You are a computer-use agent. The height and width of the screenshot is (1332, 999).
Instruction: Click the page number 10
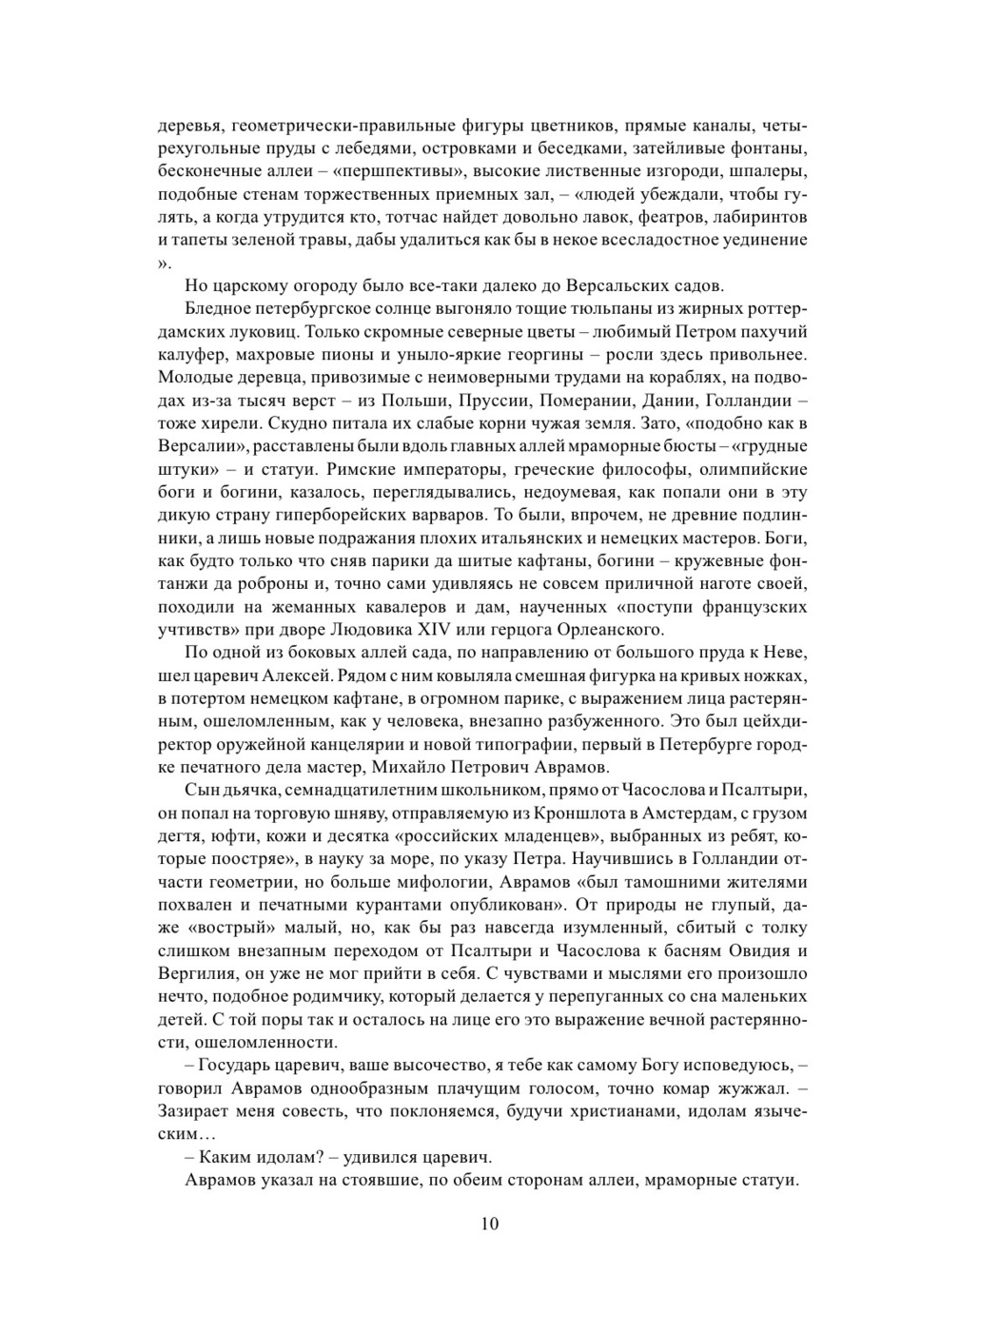[x=490, y=1224]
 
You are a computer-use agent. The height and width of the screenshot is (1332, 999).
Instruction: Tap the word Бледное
[x=221, y=309]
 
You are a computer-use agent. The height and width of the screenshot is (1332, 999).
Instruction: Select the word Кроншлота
[x=524, y=813]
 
